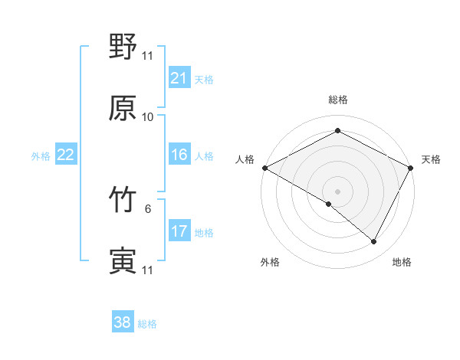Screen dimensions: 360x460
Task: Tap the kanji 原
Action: pos(123,108)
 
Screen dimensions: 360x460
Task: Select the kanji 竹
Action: pos(123,201)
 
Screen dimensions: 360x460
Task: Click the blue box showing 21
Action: pos(179,78)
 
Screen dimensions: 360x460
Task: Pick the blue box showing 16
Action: pos(179,155)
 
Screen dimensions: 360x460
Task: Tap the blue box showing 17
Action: pos(179,232)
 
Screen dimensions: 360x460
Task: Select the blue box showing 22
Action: pos(65,155)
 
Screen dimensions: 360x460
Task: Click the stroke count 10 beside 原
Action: pos(148,117)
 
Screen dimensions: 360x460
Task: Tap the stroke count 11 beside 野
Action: pos(148,56)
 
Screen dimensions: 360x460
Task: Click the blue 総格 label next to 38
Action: pos(148,324)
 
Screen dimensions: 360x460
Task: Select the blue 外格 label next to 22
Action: pos(41,156)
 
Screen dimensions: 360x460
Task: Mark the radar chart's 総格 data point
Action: pos(337,131)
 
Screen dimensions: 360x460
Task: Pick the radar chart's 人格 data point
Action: pos(264,167)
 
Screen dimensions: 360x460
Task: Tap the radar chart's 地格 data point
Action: pos(374,242)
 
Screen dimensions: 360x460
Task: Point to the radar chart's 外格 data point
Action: pos(329,204)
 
